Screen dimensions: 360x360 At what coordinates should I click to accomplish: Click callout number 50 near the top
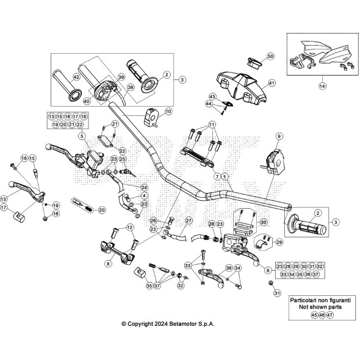pos(271,56)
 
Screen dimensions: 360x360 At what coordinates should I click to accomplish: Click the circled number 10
pos(168,112)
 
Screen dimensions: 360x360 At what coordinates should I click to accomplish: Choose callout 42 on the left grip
pos(76,77)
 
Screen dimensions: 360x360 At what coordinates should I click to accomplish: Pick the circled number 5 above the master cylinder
pos(81,136)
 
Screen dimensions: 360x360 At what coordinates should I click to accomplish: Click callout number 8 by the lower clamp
pos(108,264)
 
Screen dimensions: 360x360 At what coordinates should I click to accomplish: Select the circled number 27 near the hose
pos(189,220)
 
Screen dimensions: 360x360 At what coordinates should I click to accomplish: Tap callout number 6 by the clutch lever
pos(267,269)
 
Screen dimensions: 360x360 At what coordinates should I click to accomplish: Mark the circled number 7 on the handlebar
pos(217,176)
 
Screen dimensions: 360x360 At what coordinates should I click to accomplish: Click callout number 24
pos(145,187)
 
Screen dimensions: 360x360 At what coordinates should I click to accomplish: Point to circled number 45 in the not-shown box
pos(314,315)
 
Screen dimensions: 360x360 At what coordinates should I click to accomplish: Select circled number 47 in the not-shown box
pos(330,315)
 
